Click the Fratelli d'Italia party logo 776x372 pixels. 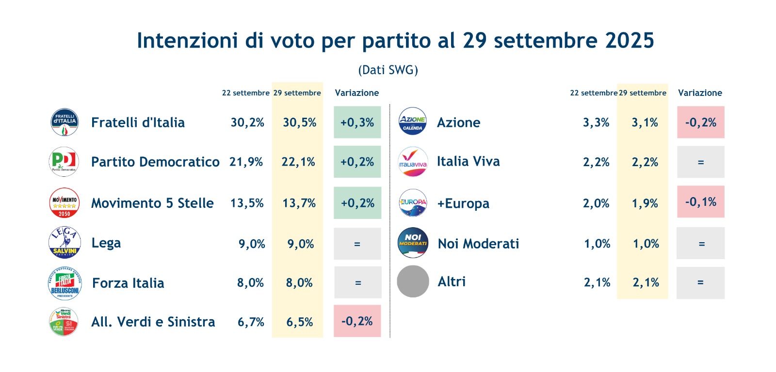pos(65,122)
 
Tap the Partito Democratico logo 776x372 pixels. pos(64,162)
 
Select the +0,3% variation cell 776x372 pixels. pos(357,123)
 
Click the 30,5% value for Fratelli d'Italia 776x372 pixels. pos(299,123)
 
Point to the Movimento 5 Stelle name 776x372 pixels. pos(152,203)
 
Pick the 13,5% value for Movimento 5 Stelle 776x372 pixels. pos(247,203)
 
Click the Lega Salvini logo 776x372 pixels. pos(65,243)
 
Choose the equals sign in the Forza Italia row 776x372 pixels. pos(358,283)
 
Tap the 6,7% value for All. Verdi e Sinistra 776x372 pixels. pos(251,322)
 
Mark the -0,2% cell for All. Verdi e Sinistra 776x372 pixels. pos(357,321)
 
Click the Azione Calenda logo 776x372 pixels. pos(412,121)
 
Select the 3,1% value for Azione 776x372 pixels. pos(645,123)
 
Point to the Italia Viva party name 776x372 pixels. pos(468,161)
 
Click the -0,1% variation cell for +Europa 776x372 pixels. pos(700,202)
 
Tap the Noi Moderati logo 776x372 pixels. pos(413,243)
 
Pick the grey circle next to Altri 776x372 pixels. pos(413,281)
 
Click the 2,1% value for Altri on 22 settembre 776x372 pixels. pos(597,283)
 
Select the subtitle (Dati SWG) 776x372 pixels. pos(388,70)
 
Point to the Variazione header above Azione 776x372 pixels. pos(700,93)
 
